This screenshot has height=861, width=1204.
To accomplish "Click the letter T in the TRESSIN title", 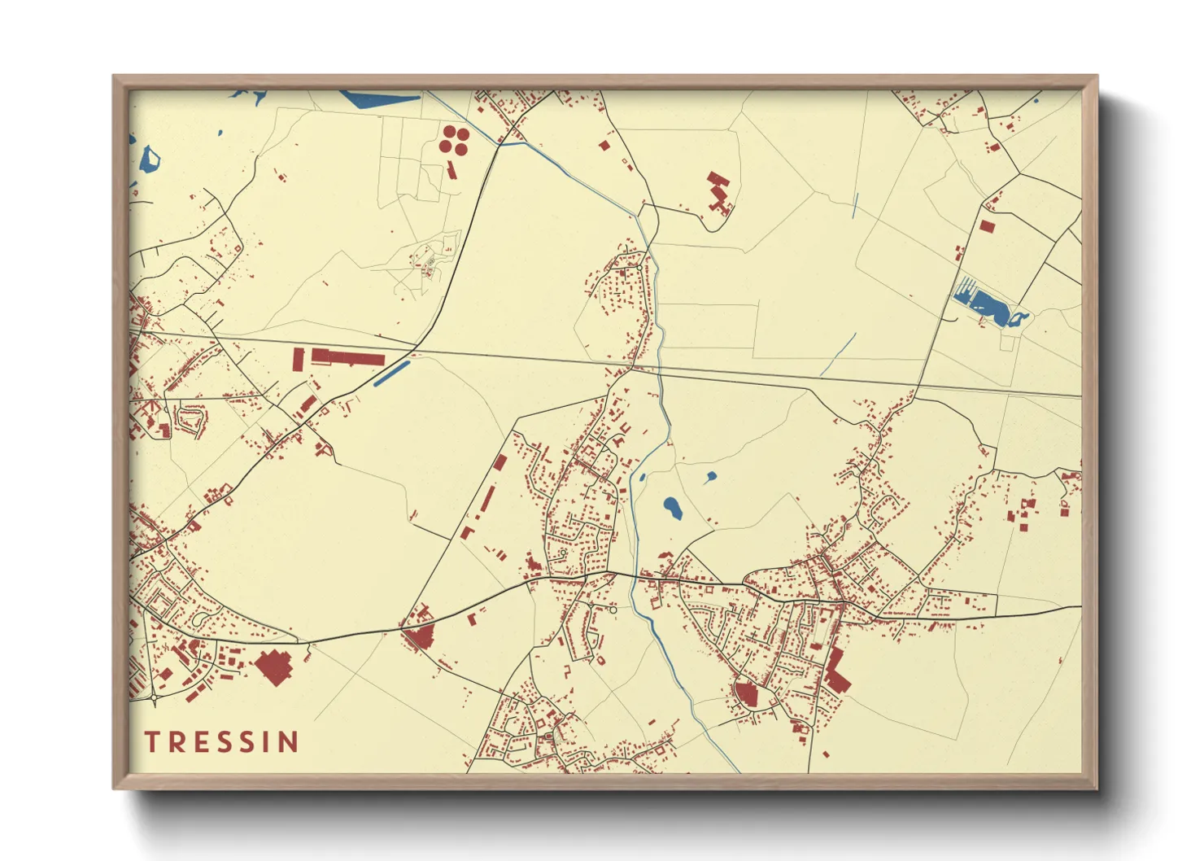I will pos(151,741).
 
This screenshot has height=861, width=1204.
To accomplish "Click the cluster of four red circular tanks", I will pos(453,139).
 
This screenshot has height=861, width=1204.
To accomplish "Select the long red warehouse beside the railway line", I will pos(348,357).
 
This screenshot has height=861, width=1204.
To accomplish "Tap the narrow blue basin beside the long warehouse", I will pos(390,374).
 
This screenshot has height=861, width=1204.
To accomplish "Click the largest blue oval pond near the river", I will pos(673,509).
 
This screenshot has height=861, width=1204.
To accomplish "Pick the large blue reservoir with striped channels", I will pos(987,304).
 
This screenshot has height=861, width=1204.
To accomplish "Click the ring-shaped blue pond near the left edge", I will pos(149,159).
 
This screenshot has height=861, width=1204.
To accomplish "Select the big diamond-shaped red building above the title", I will pos(274,667).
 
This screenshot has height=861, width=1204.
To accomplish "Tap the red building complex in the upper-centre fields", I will pos(718,192).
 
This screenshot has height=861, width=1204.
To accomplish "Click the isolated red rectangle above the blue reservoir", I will pos(987,226).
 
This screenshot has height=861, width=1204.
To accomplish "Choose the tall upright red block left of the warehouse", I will pos(298,359).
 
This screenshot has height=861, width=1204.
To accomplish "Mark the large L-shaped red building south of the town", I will pos(835,674).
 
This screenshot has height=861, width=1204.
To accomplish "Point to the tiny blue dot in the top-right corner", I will pos(1036,100).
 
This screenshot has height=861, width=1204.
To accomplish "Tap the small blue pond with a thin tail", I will pos(710,477).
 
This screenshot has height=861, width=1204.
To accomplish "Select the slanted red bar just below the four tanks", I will pos(451,169).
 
